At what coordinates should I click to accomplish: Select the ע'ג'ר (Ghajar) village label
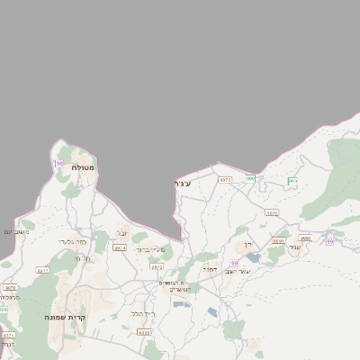click(183, 184)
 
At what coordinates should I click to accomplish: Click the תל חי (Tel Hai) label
click(80, 257)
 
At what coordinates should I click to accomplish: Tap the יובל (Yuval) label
click(122, 233)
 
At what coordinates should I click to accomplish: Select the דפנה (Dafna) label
click(211, 268)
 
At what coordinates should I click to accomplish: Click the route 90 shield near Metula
click(58, 163)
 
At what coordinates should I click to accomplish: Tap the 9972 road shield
click(157, 266)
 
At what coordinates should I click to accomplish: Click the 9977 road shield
click(42, 270)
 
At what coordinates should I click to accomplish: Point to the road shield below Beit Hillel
click(144, 332)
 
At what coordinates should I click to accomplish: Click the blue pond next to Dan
click(253, 257)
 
